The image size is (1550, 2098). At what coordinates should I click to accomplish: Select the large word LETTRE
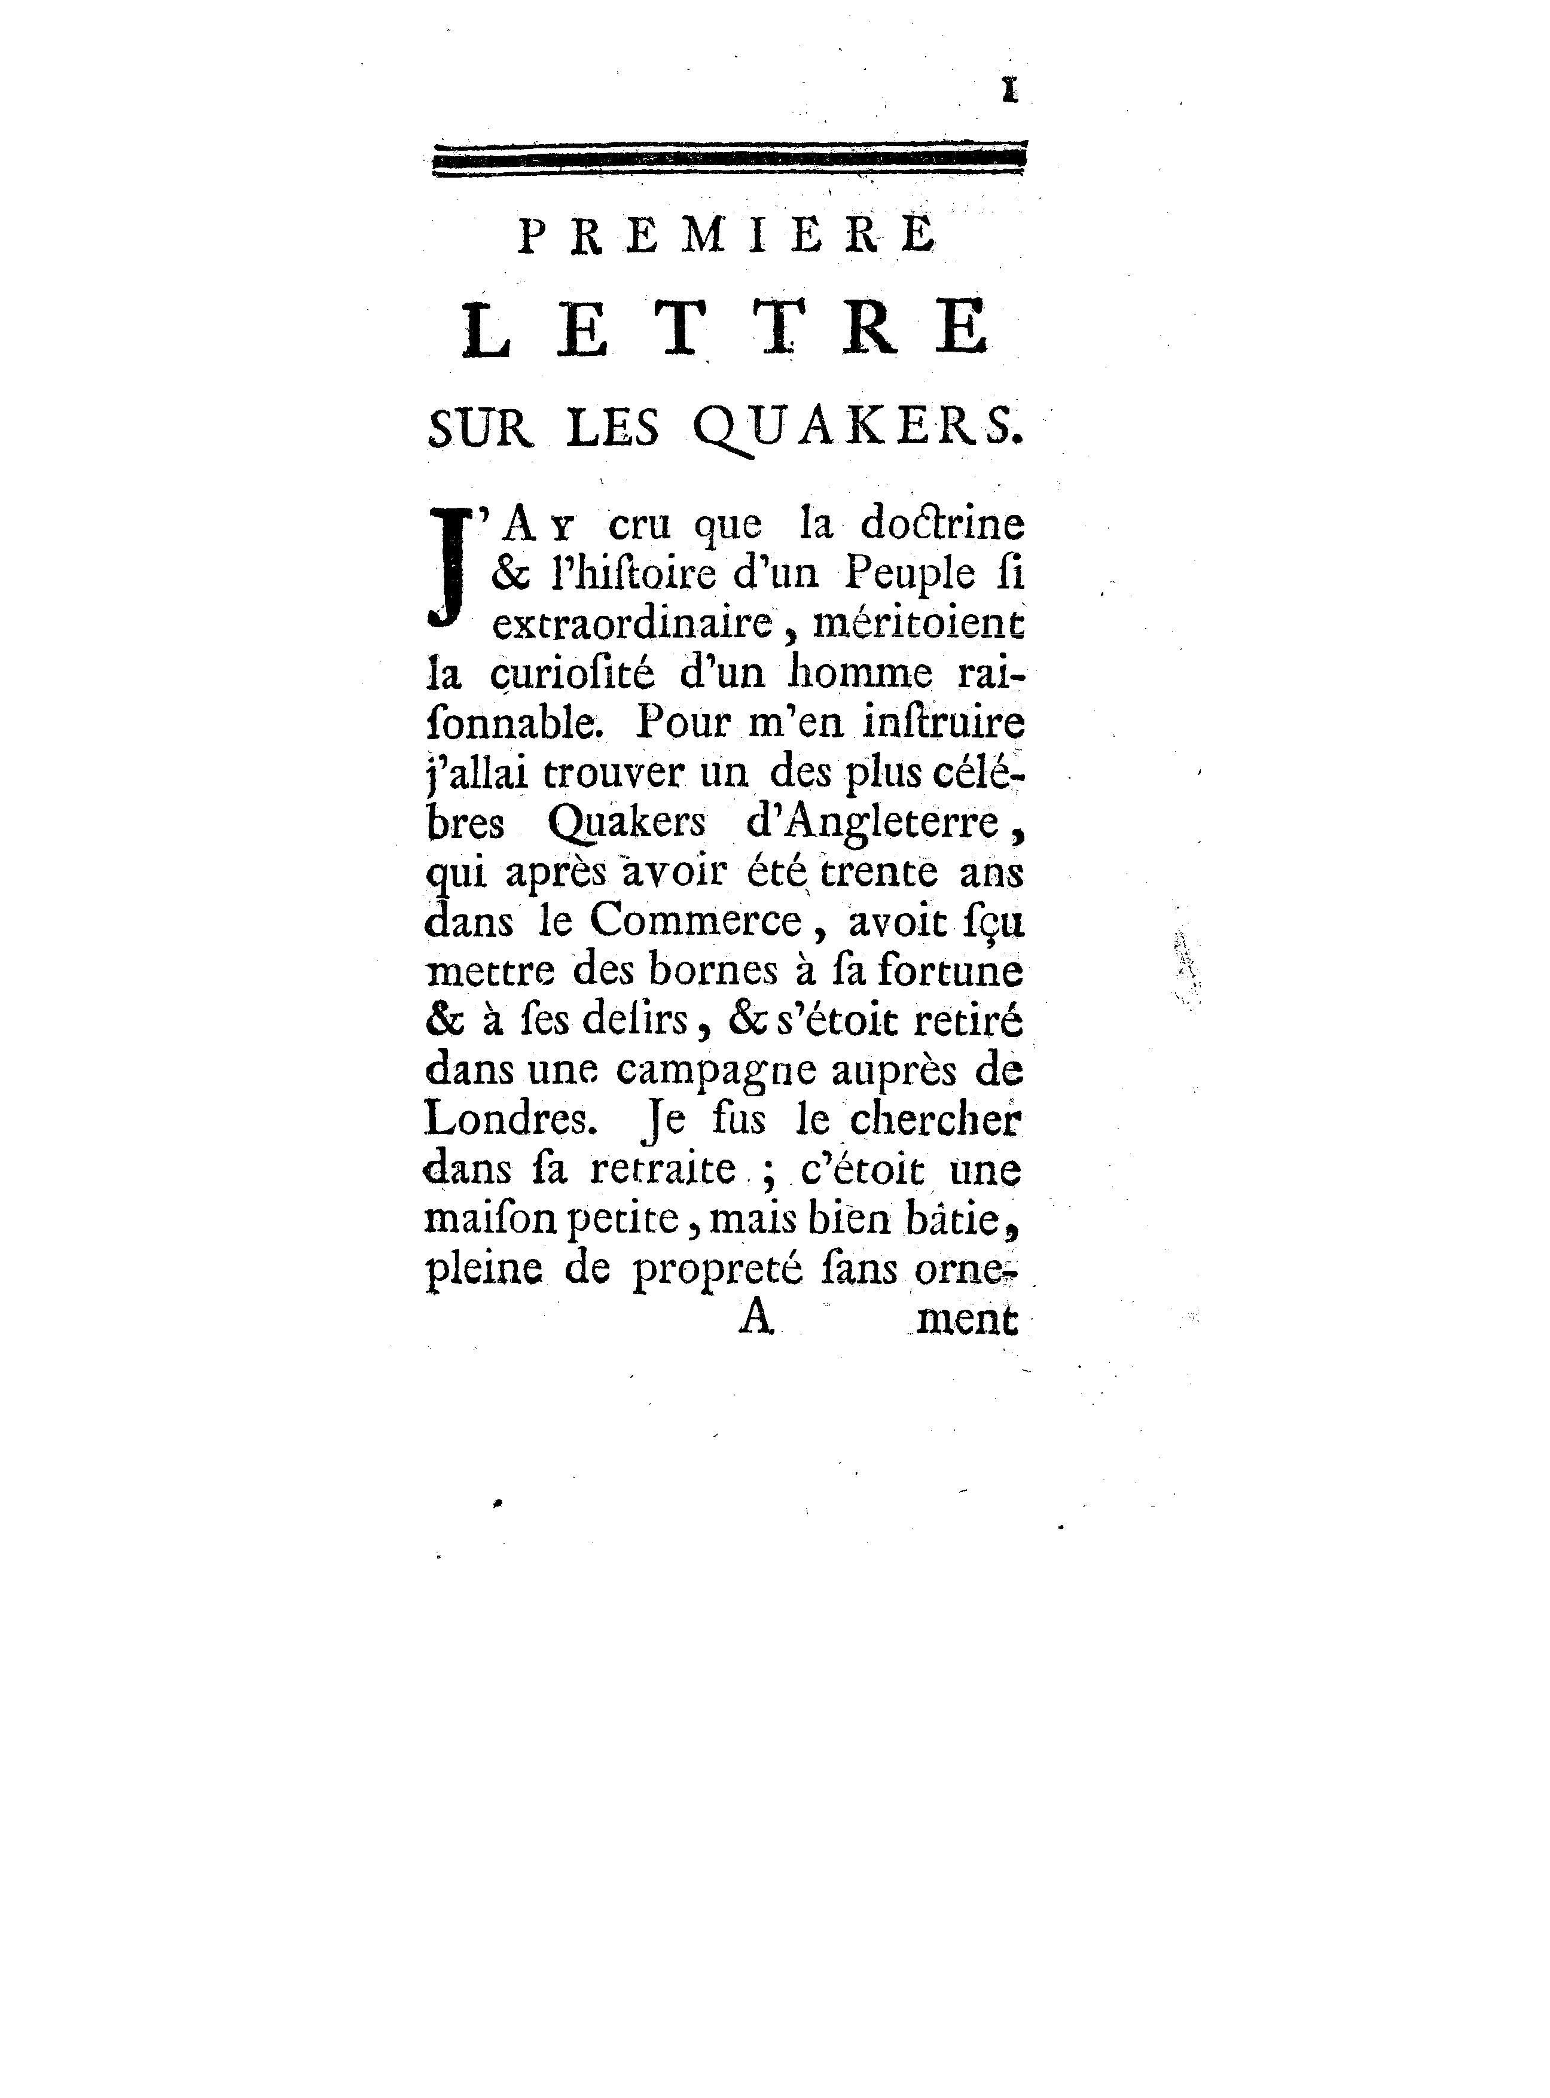point(726,328)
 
